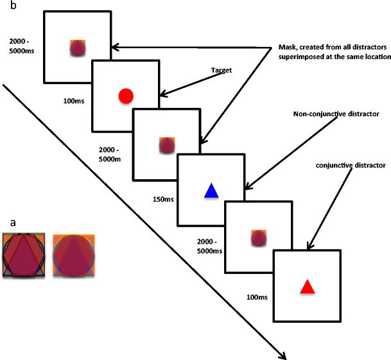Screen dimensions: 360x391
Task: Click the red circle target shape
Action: click(126, 96)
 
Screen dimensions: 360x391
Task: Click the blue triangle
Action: click(211, 191)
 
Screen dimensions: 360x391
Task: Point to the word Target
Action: click(221, 70)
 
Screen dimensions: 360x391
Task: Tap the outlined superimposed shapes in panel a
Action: click(24, 255)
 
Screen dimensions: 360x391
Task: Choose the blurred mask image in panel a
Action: click(74, 255)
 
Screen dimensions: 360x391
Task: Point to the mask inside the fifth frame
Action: click(258, 239)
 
